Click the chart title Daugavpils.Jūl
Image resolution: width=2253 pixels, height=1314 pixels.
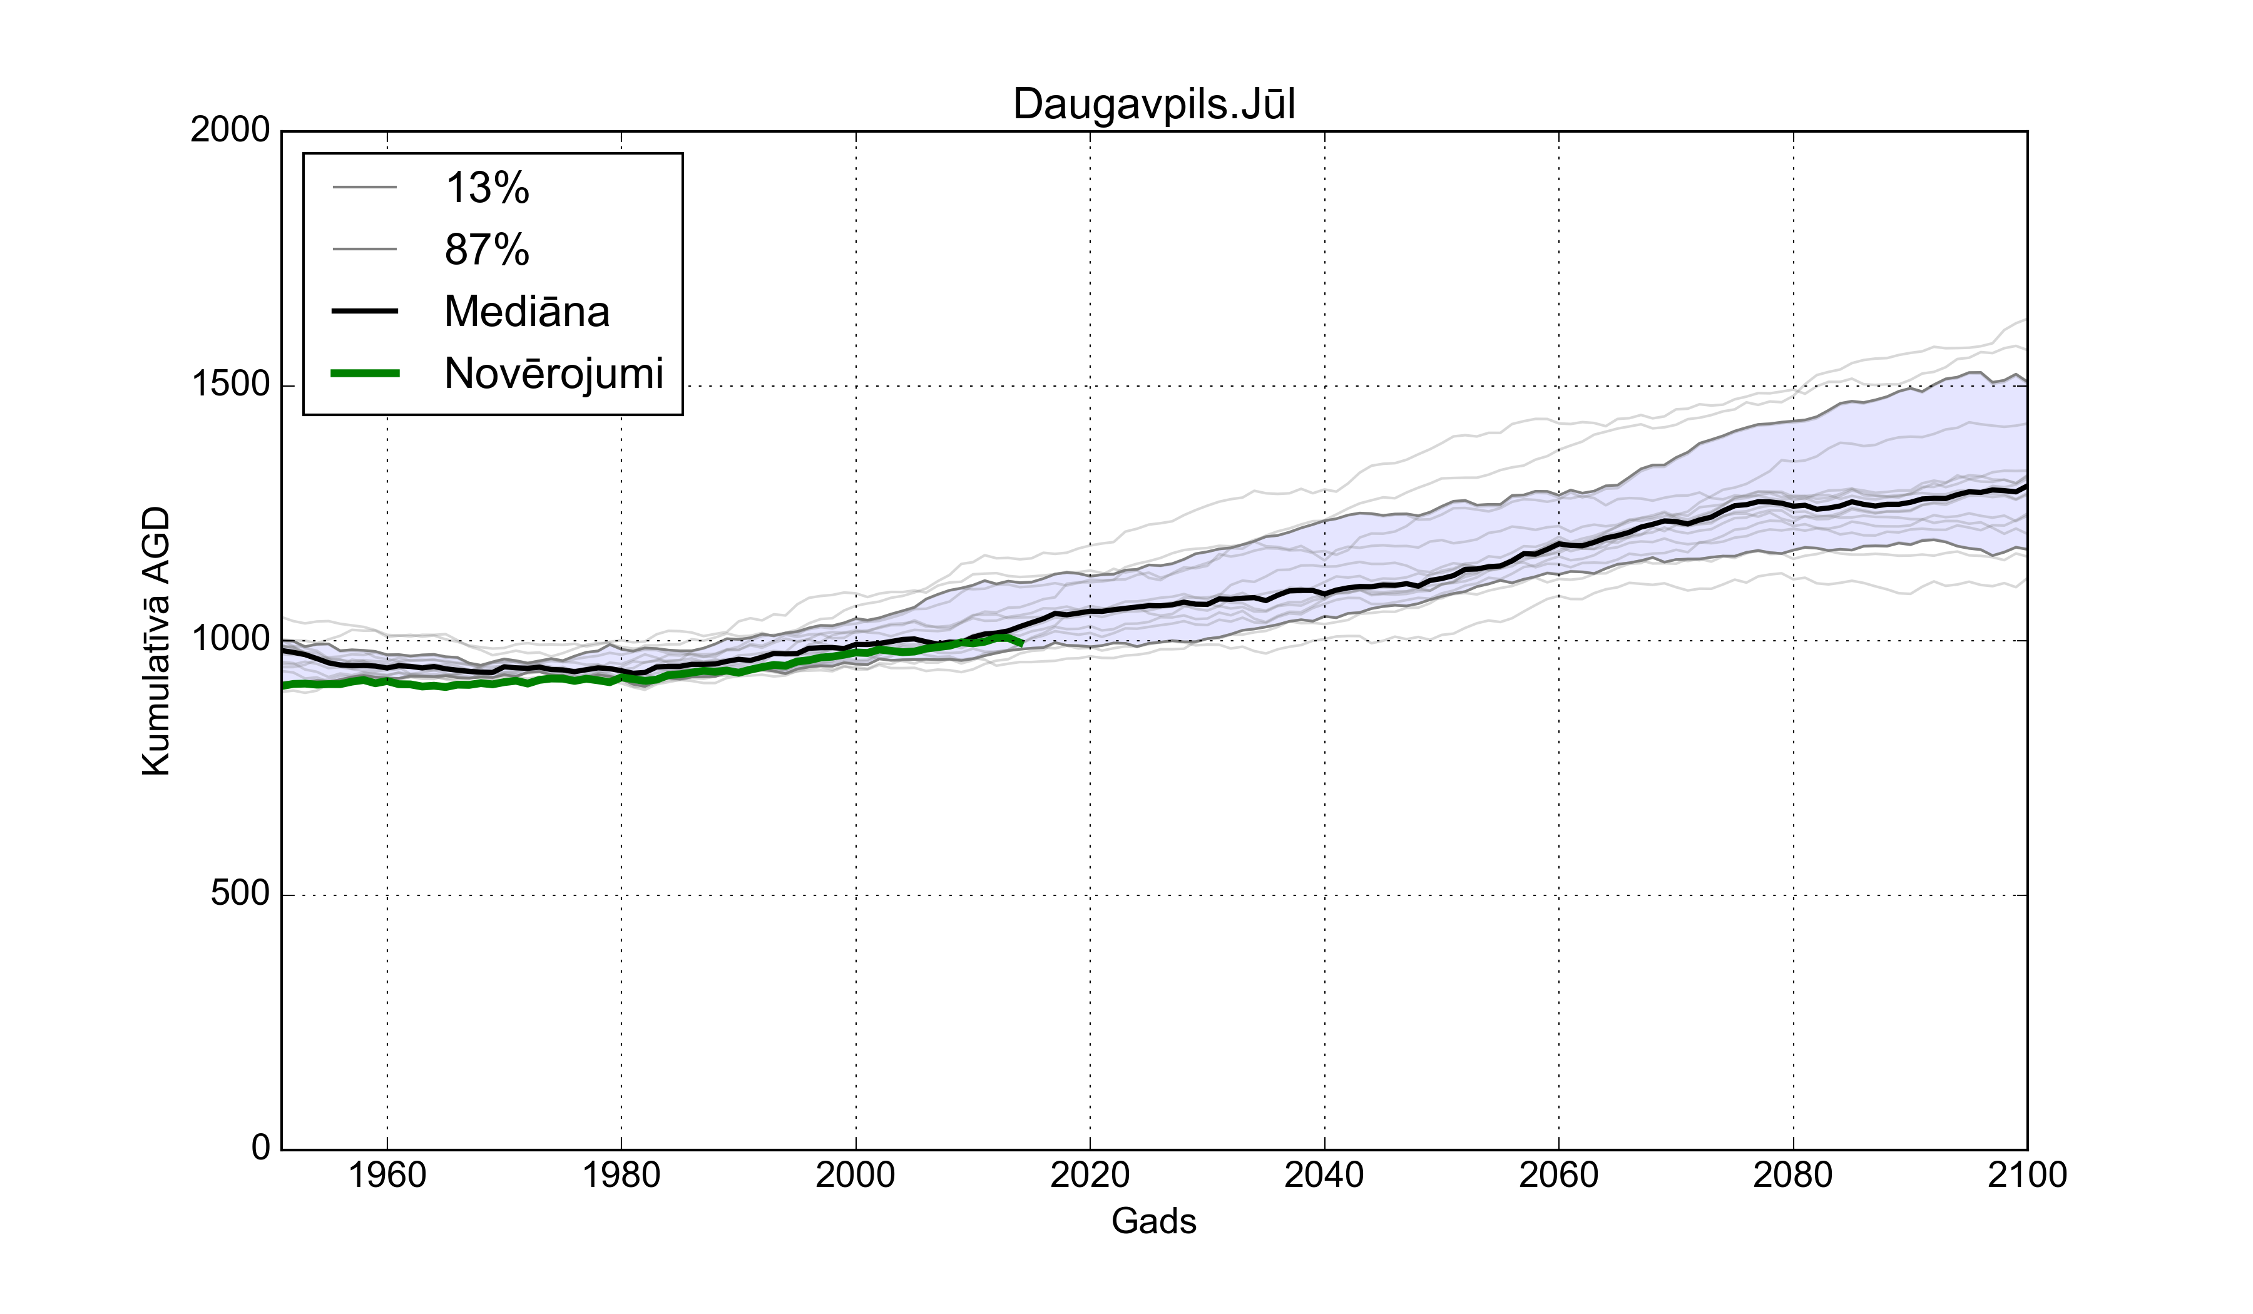(x=1153, y=104)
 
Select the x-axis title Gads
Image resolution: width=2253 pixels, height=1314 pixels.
(x=1153, y=1221)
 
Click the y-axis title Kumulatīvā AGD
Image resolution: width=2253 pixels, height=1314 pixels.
(x=156, y=641)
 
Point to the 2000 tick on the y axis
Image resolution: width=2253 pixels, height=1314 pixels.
(x=230, y=131)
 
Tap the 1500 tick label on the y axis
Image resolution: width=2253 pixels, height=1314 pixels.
(x=230, y=385)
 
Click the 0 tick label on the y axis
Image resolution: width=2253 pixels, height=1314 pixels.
(x=260, y=1147)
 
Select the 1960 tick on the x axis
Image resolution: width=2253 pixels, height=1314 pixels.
(x=387, y=1174)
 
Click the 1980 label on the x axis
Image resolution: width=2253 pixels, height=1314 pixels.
(x=621, y=1174)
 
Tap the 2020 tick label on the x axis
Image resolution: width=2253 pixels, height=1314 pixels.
(x=1090, y=1174)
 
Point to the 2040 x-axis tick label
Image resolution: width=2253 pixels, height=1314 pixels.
(x=1324, y=1174)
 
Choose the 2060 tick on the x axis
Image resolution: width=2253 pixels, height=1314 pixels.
(x=1558, y=1174)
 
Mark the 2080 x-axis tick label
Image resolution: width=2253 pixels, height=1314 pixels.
(x=1792, y=1174)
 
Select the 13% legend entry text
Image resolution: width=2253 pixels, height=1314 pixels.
(x=488, y=188)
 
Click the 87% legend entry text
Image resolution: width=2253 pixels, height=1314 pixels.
(x=488, y=250)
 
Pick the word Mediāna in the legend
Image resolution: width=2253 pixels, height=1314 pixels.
(x=526, y=312)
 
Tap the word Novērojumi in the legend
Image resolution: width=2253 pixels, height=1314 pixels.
(x=553, y=374)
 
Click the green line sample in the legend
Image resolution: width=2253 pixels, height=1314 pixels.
(x=365, y=374)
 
